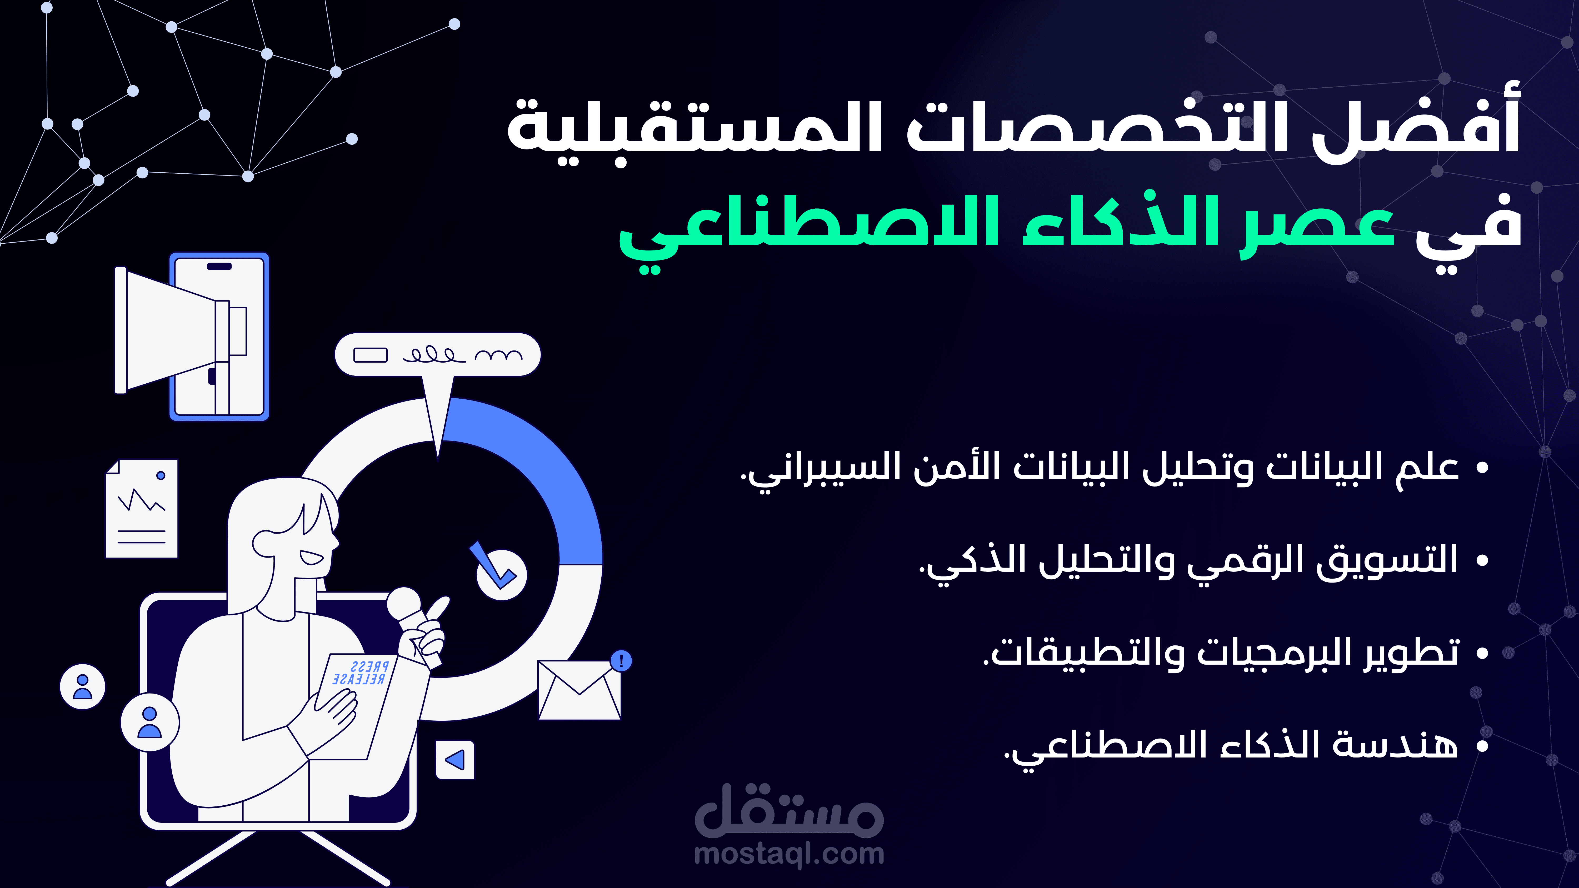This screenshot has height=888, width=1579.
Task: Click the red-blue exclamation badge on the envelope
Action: pyautogui.click(x=621, y=661)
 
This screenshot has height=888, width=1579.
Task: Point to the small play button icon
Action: pyautogui.click(x=455, y=760)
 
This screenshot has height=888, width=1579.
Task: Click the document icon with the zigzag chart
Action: pyautogui.click(x=142, y=509)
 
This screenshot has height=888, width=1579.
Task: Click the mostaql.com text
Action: pyautogui.click(x=789, y=854)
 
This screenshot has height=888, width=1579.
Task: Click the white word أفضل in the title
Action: pyautogui.click(x=1416, y=126)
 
